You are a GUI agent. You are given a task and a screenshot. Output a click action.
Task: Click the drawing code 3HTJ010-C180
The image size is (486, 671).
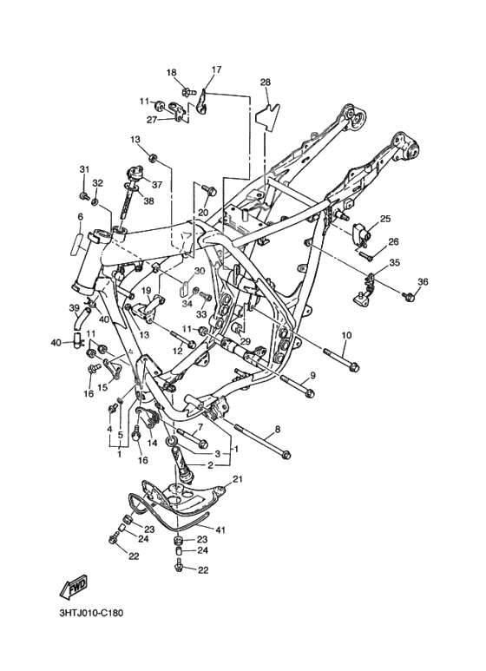click(91, 613)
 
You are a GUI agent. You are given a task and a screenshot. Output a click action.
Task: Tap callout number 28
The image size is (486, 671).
click(266, 82)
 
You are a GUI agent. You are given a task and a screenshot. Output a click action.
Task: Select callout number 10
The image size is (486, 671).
click(346, 335)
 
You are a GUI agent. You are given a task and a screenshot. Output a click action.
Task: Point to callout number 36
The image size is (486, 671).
click(423, 281)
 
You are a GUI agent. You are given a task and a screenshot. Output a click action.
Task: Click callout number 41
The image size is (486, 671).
click(220, 530)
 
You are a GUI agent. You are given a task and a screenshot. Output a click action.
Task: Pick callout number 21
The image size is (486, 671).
click(237, 479)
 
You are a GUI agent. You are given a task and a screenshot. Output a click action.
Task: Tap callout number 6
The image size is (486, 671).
click(80, 217)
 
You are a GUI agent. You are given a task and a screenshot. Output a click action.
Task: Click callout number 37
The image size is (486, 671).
click(157, 185)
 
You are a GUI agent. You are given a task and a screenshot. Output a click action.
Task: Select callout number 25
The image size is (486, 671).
click(385, 219)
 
